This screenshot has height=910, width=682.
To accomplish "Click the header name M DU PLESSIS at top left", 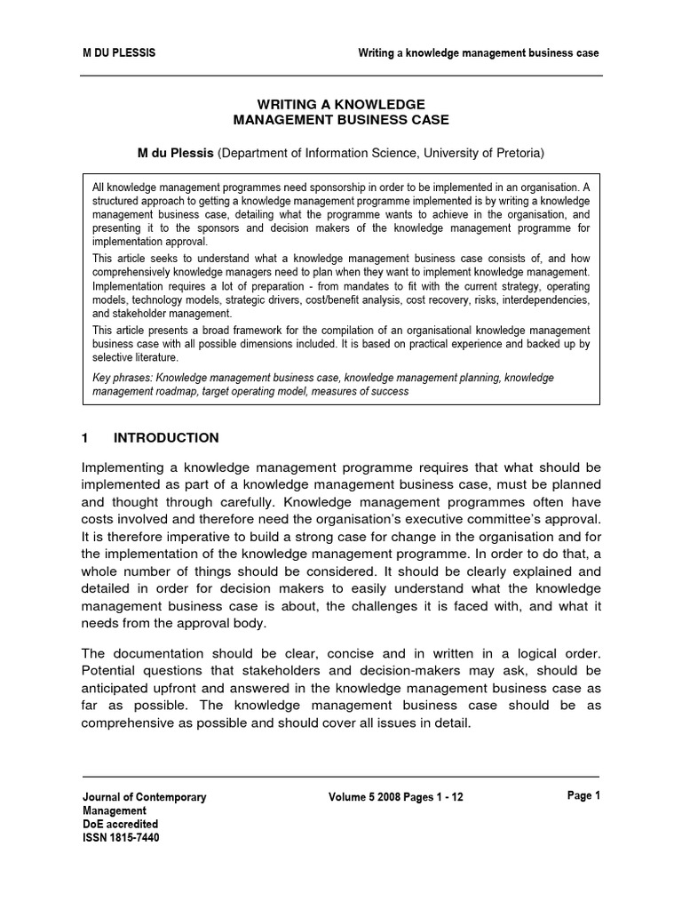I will click(x=118, y=52).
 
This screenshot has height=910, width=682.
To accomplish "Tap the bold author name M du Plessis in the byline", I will click(x=175, y=154).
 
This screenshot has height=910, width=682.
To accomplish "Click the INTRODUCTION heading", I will click(x=166, y=438).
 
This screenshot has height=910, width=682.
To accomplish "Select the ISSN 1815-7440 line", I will click(x=122, y=837).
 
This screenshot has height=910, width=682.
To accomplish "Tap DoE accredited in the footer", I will click(x=120, y=824).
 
